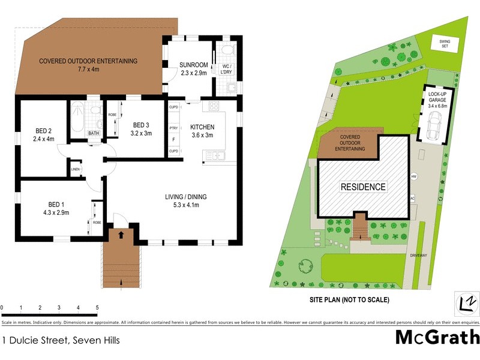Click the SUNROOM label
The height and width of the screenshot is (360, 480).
click(x=193, y=65)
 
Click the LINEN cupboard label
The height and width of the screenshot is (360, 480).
click(x=75, y=170)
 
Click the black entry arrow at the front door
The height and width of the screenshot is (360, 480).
click(x=122, y=233)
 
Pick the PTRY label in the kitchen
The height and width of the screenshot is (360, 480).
click(x=173, y=128)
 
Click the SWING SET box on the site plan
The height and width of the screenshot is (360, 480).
click(x=445, y=43)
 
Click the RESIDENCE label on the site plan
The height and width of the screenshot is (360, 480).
click(x=363, y=187)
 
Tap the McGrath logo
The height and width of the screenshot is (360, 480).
click(x=437, y=337)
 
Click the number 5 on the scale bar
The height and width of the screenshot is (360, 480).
click(x=97, y=308)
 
